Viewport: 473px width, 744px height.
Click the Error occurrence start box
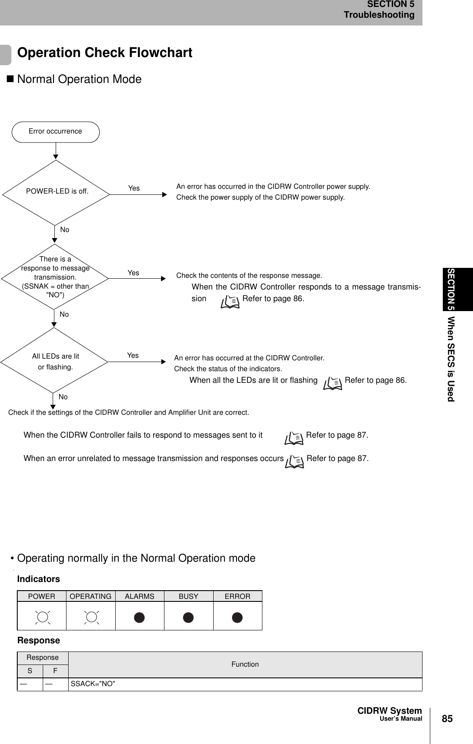click(55, 132)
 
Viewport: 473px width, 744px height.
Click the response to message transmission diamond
click(55, 277)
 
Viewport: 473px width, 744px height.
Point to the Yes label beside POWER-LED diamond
click(134, 188)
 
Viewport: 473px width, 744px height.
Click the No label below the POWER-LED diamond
click(65, 230)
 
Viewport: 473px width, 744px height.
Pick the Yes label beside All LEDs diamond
click(133, 356)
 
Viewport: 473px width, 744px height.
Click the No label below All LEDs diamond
click(63, 397)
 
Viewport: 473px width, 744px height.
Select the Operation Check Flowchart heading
click(104, 53)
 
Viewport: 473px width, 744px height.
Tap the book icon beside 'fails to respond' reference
click(294, 438)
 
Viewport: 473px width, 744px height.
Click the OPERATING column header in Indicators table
click(91, 596)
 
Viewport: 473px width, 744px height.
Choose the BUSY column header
click(189, 596)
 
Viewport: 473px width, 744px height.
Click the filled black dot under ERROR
click(237, 617)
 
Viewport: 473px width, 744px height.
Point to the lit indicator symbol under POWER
click(42, 617)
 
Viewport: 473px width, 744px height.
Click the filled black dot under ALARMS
click(139, 617)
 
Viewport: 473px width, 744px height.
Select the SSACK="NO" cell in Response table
click(93, 684)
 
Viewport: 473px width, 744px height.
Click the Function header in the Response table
click(245, 665)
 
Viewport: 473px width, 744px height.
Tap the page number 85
click(448, 719)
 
